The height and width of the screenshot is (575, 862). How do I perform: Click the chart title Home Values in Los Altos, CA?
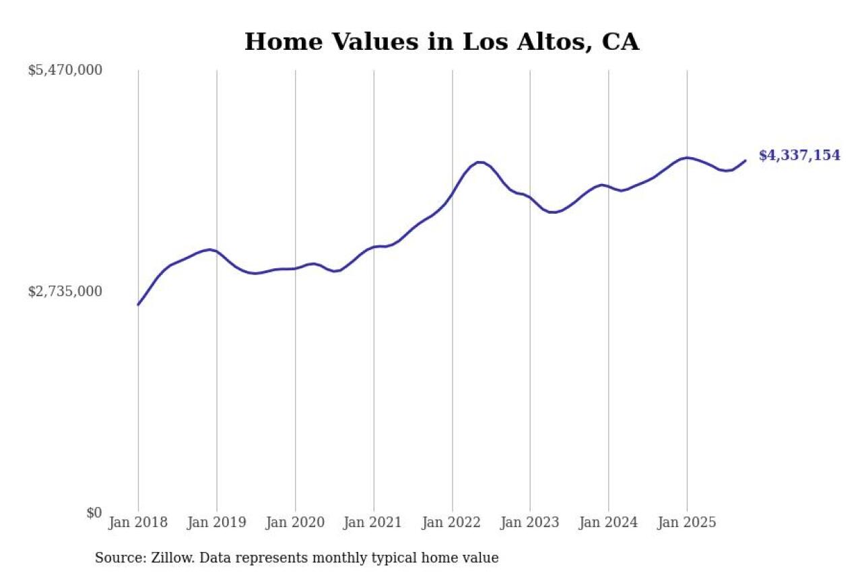pos(441,42)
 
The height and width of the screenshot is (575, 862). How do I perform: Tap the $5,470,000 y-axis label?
pos(65,70)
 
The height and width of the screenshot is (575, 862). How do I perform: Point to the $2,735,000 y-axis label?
pos(65,291)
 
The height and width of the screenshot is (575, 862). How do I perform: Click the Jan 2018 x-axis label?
pos(138,523)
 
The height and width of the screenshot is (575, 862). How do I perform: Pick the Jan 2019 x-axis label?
pos(217,523)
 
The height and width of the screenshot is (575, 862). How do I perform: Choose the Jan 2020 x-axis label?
pos(295,523)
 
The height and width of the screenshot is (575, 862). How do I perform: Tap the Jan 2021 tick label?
pos(374,523)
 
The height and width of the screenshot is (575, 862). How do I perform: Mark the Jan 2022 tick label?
pos(452,523)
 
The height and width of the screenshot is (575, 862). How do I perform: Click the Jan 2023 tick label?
pos(530,523)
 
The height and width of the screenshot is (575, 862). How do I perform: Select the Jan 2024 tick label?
pos(609,523)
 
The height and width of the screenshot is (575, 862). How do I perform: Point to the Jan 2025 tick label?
pos(687,523)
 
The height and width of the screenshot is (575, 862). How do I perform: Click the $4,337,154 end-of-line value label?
pos(799,156)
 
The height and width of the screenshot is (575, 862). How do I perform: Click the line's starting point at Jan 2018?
pos(138,305)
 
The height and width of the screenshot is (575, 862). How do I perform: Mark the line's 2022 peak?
pos(479,162)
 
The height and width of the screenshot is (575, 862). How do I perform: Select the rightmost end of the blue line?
pos(745,160)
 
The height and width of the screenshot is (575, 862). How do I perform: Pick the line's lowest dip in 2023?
pos(553,212)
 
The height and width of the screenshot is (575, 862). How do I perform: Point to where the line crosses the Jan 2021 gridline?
pos(374,247)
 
